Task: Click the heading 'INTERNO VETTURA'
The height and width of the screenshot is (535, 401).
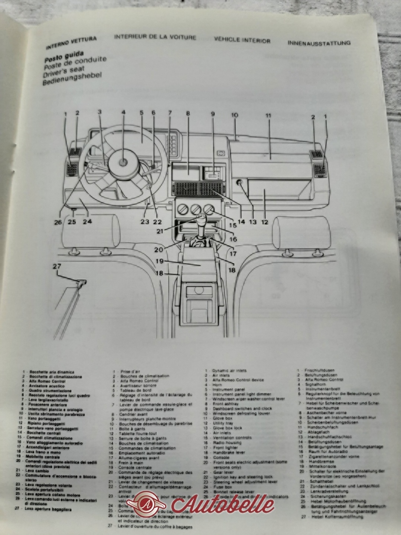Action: click(71, 43)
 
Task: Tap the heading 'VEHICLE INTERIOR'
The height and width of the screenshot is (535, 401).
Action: click(242, 40)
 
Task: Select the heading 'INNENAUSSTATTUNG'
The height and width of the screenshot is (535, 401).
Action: click(319, 43)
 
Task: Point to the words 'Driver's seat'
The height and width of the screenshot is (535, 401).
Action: click(64, 71)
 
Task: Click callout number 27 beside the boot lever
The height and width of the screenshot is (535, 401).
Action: click(56, 266)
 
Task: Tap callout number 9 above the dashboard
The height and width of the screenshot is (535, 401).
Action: click(213, 114)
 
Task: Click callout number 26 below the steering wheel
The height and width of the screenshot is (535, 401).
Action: click(57, 222)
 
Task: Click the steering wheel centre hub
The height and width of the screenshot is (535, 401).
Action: click(123, 162)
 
